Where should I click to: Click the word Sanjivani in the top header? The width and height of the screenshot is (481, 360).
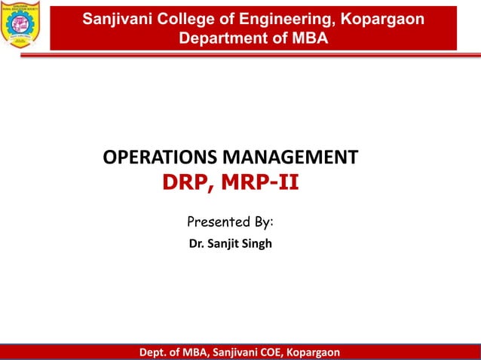click(x=115, y=19)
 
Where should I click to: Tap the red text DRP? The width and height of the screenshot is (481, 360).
click(x=184, y=183)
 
